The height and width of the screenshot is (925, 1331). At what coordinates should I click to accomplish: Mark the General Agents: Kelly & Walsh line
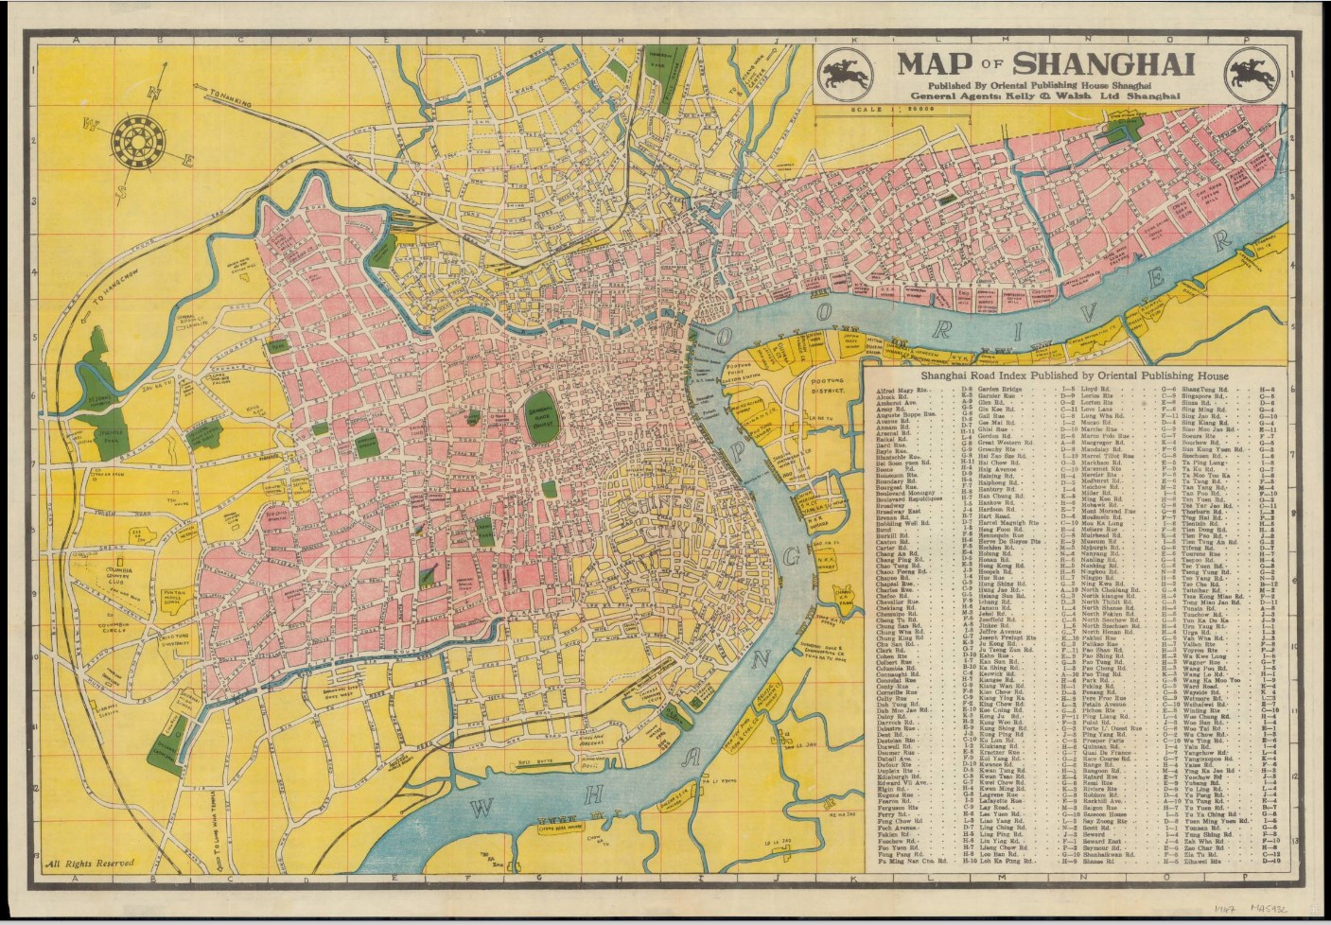(x=1046, y=96)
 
